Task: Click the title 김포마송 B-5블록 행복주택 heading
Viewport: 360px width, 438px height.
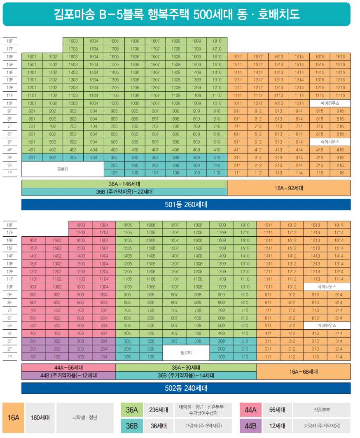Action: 177,14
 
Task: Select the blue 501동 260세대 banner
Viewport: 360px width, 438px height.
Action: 186,205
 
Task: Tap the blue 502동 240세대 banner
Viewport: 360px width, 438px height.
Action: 186,388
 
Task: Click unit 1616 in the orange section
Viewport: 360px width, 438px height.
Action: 340,57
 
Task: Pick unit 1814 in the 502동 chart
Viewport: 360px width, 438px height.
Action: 339,225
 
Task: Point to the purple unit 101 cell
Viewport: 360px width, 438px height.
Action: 33,356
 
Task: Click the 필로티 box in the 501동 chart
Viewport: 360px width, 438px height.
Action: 62,169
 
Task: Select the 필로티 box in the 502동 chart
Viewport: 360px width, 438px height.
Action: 186,353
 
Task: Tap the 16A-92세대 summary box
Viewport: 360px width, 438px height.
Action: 289,188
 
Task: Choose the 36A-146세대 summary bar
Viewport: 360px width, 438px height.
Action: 124,184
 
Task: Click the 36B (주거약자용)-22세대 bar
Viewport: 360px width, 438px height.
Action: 124,192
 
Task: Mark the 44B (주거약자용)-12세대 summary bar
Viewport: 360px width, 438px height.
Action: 68,375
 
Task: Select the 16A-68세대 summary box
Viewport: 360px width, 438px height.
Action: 304,372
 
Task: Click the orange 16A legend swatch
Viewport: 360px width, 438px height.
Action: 14,417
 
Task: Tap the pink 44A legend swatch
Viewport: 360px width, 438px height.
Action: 250,410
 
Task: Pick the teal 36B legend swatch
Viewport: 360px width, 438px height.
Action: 132,426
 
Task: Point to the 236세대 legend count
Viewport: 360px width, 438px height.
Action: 158,410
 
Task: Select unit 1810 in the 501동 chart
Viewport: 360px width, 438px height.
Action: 217,41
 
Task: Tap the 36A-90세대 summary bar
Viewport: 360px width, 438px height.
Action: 186,368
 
